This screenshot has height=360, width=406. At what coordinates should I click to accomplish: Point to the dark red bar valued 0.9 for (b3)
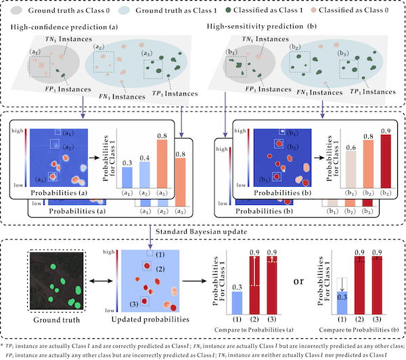tap(386, 161)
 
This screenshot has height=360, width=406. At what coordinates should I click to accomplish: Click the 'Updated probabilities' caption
tap(148, 318)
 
